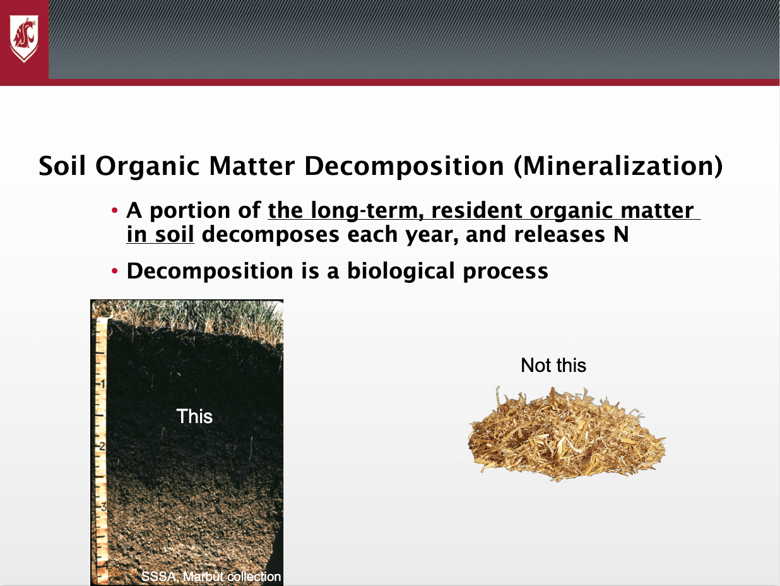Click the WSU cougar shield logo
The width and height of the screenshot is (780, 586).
click(x=24, y=39)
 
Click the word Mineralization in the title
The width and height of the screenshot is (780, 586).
click(x=618, y=166)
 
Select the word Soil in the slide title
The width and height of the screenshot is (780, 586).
click(x=62, y=165)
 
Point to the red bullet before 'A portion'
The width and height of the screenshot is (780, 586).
click(x=114, y=210)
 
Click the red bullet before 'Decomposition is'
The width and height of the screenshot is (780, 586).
click(x=114, y=272)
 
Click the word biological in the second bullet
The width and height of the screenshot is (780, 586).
click(x=401, y=272)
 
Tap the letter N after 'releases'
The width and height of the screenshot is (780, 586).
click(x=621, y=235)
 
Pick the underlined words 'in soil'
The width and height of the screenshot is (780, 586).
click(x=160, y=235)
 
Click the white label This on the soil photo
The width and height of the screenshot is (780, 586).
click(x=194, y=416)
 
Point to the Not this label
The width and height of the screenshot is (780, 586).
click(x=553, y=365)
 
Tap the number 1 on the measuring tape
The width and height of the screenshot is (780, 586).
click(x=103, y=385)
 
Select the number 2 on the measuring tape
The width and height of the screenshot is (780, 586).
click(x=102, y=446)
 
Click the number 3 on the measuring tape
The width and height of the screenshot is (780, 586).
click(x=103, y=506)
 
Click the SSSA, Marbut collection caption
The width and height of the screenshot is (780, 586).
click(x=211, y=576)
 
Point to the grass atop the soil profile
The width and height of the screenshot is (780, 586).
click(x=192, y=316)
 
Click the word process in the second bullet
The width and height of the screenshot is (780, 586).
click(x=505, y=272)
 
